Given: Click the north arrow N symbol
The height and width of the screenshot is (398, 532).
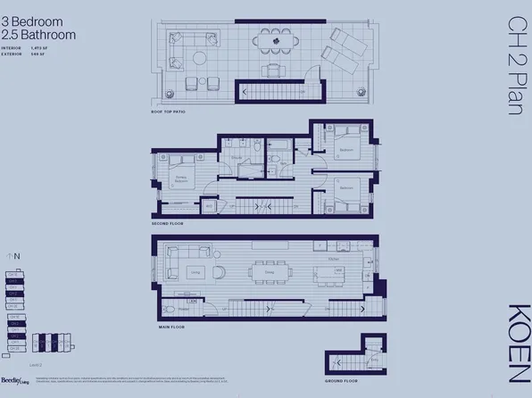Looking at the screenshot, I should tap(15, 256).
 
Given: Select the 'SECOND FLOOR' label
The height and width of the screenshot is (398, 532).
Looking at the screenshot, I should tap(167, 222).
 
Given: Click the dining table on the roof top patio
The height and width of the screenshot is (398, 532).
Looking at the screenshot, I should tap(277, 41).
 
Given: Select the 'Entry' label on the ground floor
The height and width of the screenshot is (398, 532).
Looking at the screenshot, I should tap(338, 359).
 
